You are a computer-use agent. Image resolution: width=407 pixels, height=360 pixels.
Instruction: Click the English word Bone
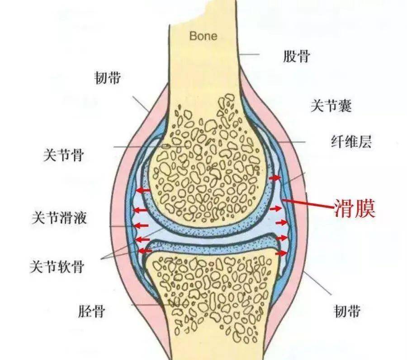point(203,36)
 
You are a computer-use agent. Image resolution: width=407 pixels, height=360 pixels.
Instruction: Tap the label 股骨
point(296,56)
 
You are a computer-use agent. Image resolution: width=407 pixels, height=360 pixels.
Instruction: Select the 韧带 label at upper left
point(108,78)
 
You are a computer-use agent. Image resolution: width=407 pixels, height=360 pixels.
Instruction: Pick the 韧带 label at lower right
point(347,311)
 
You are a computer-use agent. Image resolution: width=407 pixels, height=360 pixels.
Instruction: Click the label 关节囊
point(331,106)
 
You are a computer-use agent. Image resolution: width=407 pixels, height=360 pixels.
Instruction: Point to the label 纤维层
point(351,141)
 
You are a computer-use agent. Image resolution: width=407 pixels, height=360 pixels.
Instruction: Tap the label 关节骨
point(64,155)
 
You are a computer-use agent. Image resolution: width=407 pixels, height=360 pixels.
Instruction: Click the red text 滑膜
point(355,208)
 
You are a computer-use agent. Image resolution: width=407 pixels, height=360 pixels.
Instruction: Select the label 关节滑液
point(59,218)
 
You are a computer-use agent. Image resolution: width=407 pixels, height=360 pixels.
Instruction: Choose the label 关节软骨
point(57,266)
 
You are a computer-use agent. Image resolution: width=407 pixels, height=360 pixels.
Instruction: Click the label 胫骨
point(92,311)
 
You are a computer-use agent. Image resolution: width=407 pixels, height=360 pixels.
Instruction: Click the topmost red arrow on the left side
point(143,191)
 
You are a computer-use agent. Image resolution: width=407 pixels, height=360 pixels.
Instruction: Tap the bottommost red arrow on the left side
point(145,251)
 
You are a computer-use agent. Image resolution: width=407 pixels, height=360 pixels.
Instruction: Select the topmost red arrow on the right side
point(275,178)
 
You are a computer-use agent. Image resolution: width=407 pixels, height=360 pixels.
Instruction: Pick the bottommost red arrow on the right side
point(281,253)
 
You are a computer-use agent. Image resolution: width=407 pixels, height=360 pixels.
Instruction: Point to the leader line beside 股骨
point(249,54)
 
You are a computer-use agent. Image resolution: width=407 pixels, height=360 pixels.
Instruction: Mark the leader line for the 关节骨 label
point(150,147)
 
